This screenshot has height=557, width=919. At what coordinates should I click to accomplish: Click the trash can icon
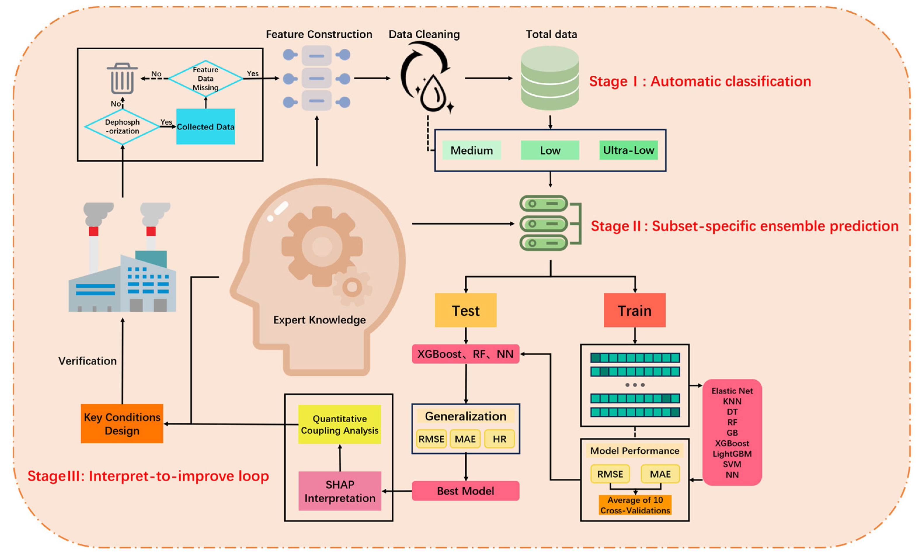click(x=122, y=78)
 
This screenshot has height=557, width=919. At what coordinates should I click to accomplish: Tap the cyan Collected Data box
click(x=206, y=126)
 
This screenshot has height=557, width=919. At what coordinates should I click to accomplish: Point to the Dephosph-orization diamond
click(x=122, y=127)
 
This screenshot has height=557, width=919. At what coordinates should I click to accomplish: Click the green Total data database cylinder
click(x=550, y=78)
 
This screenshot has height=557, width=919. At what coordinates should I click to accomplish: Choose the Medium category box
click(x=472, y=150)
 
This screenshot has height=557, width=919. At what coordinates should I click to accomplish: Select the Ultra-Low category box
click(x=629, y=150)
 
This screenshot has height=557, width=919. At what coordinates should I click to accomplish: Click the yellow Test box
click(x=466, y=310)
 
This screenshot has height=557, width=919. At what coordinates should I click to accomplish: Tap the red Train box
click(x=635, y=310)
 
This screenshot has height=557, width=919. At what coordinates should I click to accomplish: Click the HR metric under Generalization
click(x=499, y=439)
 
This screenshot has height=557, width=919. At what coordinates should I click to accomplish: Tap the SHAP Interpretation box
click(x=340, y=491)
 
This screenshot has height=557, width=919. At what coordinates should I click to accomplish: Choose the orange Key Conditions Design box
click(x=122, y=424)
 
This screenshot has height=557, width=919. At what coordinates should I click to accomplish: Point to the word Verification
click(x=87, y=361)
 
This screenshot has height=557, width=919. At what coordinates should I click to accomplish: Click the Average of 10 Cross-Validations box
click(x=635, y=505)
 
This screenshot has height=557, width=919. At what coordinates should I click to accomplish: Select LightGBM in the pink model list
click(x=732, y=454)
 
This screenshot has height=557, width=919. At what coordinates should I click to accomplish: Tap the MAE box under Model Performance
click(x=660, y=474)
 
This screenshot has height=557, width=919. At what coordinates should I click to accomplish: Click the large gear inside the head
click(x=321, y=246)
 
